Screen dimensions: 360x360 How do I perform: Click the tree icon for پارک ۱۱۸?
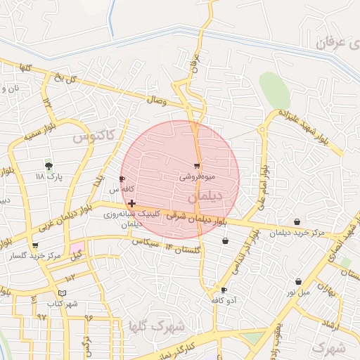point(49,166)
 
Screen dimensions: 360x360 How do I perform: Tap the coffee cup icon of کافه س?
point(123,179)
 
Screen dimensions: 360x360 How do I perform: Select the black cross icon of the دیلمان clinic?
point(131,203)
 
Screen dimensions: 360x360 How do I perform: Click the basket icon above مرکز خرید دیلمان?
point(297,222)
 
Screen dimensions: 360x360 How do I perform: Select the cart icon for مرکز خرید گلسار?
point(35,245)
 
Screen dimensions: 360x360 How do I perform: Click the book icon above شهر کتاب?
point(63,292)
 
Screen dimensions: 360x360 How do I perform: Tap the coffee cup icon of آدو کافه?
point(224,290)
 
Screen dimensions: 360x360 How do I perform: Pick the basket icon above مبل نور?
point(298,281)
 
